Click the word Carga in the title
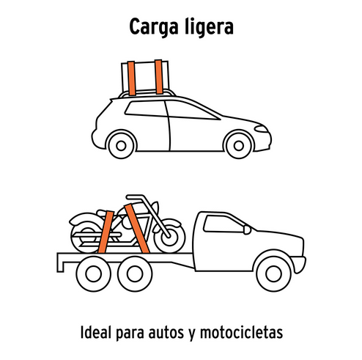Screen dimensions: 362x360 [154, 27]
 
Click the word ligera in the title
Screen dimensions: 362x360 [209, 27]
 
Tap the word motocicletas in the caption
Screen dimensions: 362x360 [241, 332]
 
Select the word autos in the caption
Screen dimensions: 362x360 [166, 333]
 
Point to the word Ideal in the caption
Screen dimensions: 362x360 [96, 332]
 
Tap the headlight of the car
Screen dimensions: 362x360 [261, 128]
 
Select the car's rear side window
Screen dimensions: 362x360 [146, 109]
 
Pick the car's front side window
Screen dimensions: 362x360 [191, 111]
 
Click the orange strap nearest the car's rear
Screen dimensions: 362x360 [131, 78]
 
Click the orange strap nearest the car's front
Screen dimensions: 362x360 [159, 77]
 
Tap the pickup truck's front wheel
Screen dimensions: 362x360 [273, 273]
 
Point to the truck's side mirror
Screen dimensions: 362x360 [247, 229]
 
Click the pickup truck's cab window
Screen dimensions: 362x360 [224, 224]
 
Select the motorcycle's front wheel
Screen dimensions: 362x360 [169, 238]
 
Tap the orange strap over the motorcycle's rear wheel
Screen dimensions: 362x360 [106, 232]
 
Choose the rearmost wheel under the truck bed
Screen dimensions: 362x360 [93, 273]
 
